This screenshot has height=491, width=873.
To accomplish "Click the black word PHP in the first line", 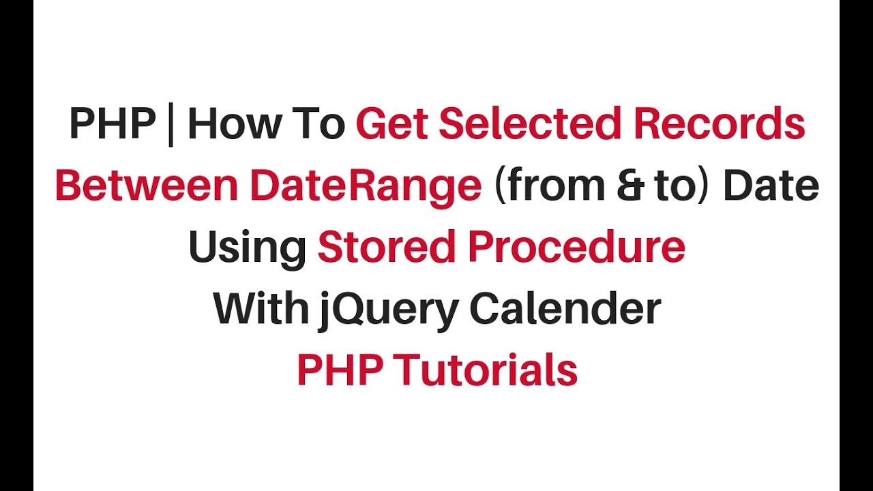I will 112,125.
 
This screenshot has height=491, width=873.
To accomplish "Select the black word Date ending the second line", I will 771,186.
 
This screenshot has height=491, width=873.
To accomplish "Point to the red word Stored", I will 387,248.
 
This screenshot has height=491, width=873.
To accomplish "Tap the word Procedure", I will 577,248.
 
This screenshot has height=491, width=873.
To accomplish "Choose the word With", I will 261,309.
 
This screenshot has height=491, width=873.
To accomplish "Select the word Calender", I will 565,309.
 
